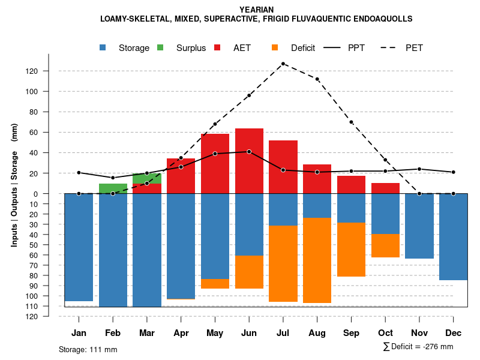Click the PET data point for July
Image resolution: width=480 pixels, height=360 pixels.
283,64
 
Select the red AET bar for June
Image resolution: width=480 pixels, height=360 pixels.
249,161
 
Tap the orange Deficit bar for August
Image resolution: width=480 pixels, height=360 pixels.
317,260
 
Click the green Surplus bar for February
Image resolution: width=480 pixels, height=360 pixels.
113,188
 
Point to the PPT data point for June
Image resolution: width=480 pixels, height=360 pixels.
249,152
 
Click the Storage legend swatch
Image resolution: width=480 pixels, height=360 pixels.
103,48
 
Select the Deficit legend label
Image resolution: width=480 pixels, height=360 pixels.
302,48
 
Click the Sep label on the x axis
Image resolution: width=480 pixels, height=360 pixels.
351,332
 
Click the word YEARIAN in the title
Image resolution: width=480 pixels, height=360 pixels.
256,10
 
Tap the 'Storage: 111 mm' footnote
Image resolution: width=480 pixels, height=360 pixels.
88,349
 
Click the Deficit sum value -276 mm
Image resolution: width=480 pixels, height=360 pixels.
437,347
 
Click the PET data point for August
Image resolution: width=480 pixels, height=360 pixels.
317,79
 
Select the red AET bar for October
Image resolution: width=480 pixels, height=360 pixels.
385,188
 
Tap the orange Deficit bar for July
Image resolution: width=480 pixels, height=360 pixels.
283,263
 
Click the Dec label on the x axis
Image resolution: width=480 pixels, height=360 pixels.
454,332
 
